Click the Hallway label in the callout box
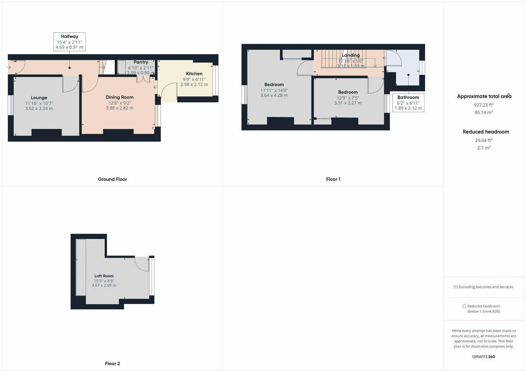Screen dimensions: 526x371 69,37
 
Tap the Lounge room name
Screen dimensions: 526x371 39,97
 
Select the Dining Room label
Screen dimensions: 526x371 120,97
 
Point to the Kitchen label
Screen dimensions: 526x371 194,74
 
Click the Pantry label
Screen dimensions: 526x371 141,62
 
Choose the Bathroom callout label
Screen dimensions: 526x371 408,97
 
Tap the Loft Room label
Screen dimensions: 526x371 104,276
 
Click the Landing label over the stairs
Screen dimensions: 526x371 350,55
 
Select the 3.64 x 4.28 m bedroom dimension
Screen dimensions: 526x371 274,95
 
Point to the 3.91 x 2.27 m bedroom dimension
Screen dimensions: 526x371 348,103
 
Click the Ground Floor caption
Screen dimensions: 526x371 112,179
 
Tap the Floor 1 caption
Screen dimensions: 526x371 333,179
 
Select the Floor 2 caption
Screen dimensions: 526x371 112,364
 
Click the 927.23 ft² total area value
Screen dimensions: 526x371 484,105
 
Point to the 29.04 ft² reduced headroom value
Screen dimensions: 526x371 484,140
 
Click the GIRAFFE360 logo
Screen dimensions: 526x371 484,357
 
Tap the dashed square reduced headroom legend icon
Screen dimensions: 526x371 464,306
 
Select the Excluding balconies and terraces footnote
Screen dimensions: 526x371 483,287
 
